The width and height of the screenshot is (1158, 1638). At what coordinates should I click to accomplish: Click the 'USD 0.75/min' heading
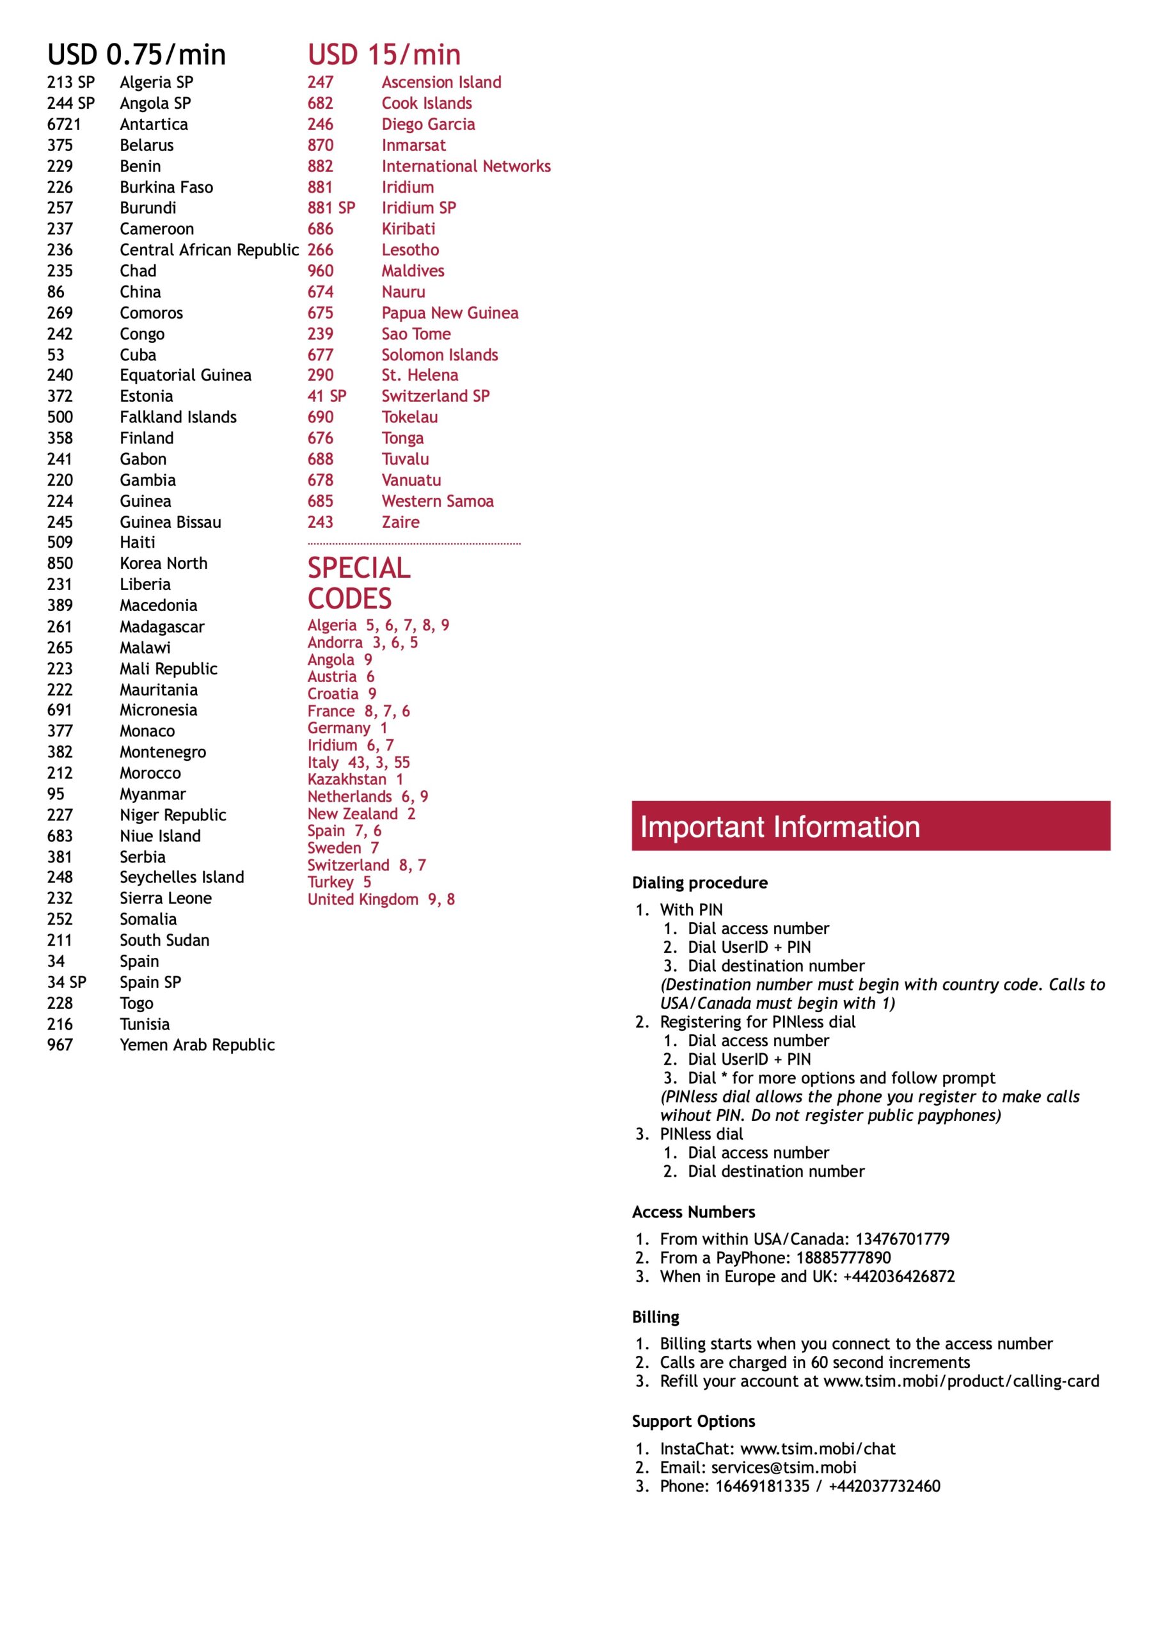[136, 55]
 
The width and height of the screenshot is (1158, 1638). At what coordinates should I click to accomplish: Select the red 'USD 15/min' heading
[384, 55]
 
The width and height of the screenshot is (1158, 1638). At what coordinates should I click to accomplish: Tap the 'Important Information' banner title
[779, 827]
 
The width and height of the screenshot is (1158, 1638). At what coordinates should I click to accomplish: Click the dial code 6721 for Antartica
[64, 124]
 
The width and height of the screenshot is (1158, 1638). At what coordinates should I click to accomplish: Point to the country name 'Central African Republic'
[209, 250]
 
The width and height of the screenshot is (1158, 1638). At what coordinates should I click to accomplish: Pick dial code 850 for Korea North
[60, 563]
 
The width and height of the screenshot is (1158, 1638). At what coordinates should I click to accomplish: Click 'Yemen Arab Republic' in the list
[197, 1044]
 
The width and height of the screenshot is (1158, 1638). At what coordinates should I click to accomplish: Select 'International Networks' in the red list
[466, 166]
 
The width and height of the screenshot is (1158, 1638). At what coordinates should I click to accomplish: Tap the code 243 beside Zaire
[321, 522]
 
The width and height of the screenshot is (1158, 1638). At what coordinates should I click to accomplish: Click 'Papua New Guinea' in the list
[450, 312]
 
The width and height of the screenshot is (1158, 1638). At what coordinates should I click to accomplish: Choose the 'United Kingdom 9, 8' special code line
[381, 899]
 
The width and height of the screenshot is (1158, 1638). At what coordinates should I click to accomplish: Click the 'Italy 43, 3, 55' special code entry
[359, 762]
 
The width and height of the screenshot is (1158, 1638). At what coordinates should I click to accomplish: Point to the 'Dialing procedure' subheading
[699, 882]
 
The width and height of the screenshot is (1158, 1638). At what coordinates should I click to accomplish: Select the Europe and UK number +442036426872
[898, 1276]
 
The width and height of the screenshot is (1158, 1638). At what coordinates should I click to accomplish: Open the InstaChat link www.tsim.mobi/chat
[818, 1448]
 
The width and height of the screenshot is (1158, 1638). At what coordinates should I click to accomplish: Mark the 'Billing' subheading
[655, 1316]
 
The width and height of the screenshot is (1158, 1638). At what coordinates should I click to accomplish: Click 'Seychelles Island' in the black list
[181, 877]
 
